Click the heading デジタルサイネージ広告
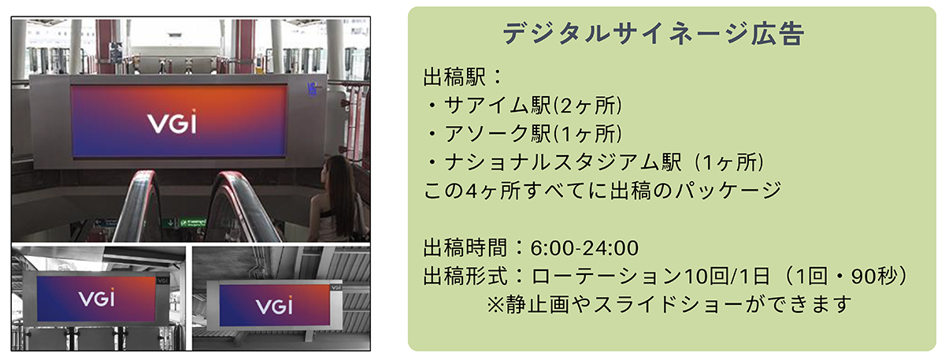click(654, 33)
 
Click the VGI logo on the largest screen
click(172, 122)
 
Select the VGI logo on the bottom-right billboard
click(274, 305)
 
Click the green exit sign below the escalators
click(193, 222)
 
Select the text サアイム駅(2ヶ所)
click(533, 105)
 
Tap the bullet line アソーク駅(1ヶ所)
click(533, 134)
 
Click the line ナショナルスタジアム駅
click(563, 162)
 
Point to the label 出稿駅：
click(463, 77)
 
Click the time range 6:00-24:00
click(584, 247)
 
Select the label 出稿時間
click(465, 247)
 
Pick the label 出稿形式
click(465, 276)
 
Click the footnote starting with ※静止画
click(669, 305)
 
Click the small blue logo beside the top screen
click(312, 89)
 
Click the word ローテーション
click(606, 276)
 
